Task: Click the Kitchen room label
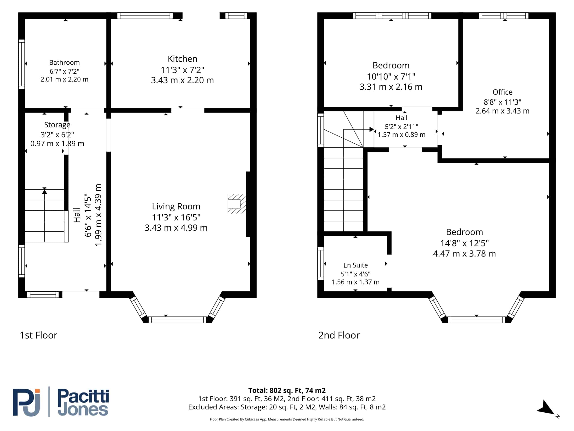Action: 183,59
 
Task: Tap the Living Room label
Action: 176,206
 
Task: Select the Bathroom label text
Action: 64,62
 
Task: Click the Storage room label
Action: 57,125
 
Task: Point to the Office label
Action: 502,92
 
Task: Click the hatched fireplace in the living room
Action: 237,204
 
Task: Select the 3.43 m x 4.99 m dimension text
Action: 176,228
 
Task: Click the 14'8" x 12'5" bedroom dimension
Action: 465,243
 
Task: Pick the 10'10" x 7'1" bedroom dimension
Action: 391,76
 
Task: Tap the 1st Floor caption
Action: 38,335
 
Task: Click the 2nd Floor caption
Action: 339,335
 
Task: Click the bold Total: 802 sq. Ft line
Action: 287,390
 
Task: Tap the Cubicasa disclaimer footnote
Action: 287,419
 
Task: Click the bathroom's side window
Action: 22,64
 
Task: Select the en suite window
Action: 321,264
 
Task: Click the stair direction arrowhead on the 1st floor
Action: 44,191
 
